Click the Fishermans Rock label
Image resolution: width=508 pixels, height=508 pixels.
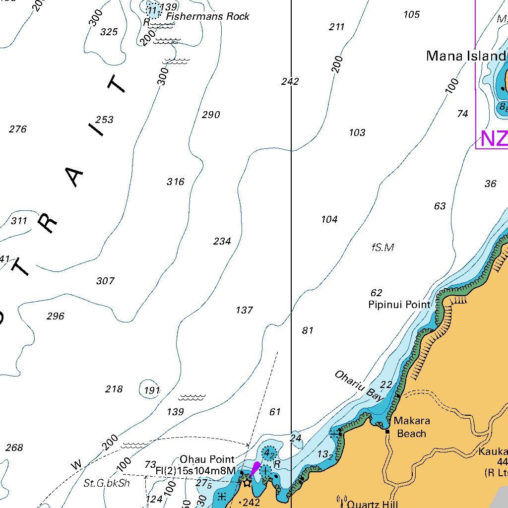coord(207,16)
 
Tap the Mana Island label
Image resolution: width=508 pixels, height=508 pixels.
coord(466,56)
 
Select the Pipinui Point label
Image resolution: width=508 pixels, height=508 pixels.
coord(399,305)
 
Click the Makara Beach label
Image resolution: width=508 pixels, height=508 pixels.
coord(412,427)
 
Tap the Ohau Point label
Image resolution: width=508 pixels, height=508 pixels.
coord(207,459)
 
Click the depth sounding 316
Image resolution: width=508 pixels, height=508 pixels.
coord(176,182)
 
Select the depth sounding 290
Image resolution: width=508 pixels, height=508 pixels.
coord(211,115)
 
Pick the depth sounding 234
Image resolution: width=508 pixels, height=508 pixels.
coord(222,241)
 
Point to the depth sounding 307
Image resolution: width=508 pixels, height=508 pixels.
coord(105,281)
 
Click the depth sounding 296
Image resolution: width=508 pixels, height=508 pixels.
coord(56,316)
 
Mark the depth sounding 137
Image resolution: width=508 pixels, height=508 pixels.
coord(244,310)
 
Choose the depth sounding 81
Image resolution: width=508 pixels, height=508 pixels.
coord(308,330)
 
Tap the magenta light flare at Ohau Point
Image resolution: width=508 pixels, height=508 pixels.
coord(255,469)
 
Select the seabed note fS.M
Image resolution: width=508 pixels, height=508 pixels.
coord(382,247)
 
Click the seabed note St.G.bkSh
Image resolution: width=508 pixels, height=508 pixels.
coord(107,483)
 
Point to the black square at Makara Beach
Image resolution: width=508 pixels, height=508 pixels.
coord(387,432)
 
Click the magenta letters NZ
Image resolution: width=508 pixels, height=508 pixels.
coord(493,139)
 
